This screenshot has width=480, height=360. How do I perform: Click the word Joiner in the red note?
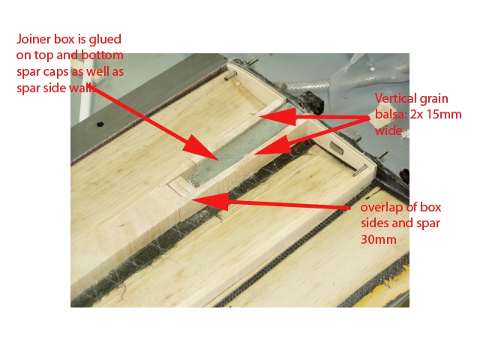34,39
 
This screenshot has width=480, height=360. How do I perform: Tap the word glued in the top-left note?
105,40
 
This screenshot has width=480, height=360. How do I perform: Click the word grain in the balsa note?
433,99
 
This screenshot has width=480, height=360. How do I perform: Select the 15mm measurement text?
444,114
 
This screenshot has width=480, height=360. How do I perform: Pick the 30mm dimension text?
378,239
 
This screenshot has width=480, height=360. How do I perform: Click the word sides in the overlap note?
375,223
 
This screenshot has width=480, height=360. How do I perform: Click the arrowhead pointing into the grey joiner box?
202,148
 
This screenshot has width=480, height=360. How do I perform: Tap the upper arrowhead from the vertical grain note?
278,117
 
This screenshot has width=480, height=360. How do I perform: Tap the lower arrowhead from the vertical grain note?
272,147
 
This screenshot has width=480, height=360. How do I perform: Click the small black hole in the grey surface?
100,124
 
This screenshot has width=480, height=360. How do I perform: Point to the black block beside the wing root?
310,103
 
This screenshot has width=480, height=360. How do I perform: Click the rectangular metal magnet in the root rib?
336,148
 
